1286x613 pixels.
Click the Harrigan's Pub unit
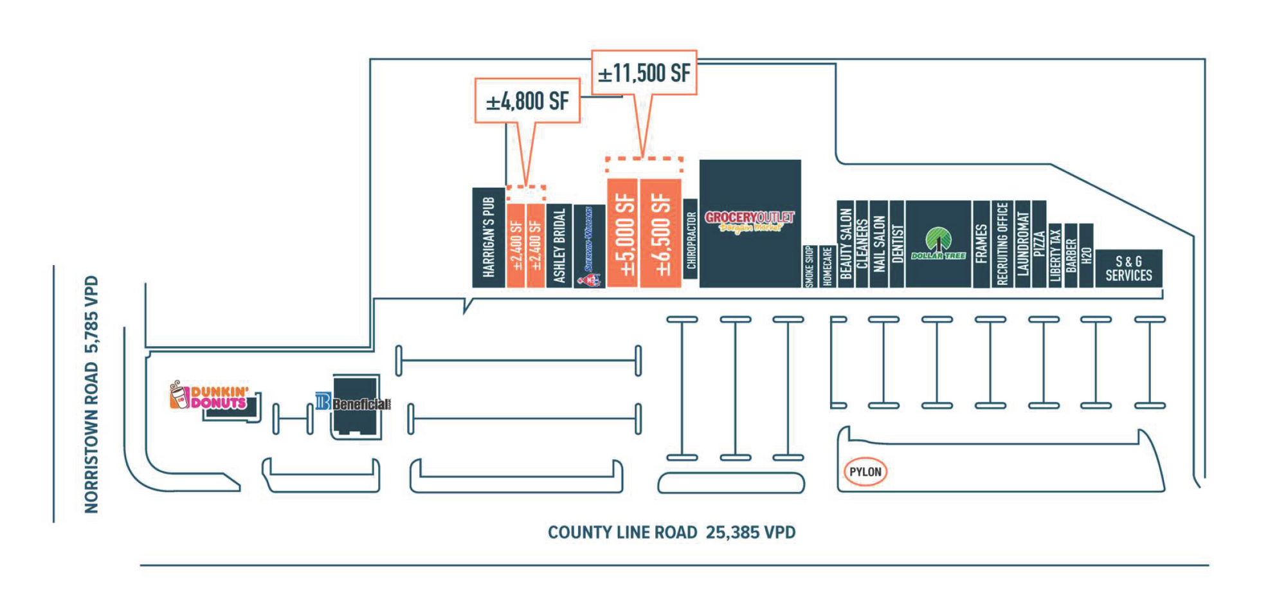click(489, 237)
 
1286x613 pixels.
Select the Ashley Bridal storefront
click(559, 245)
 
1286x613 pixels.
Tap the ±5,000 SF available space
click(622, 233)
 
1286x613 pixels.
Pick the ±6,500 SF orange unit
click(660, 233)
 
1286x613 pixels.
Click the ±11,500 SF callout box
click(644, 73)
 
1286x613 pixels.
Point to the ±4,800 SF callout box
click(527, 100)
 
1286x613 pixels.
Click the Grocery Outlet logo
click(749, 221)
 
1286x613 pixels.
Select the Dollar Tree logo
click(938, 244)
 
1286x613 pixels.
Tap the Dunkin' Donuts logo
click(209, 396)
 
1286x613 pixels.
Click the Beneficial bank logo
click(353, 403)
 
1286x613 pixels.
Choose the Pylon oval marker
click(865, 472)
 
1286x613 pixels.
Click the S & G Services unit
click(1128, 268)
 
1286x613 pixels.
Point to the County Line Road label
click(671, 533)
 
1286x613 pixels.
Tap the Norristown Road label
click(92, 394)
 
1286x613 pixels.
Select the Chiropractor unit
click(691, 239)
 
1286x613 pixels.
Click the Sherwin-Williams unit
click(589, 246)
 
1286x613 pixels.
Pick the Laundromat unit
click(1023, 244)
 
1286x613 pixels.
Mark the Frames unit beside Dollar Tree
click(981, 244)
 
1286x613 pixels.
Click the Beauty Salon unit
click(846, 244)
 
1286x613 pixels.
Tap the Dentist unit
click(897, 244)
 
